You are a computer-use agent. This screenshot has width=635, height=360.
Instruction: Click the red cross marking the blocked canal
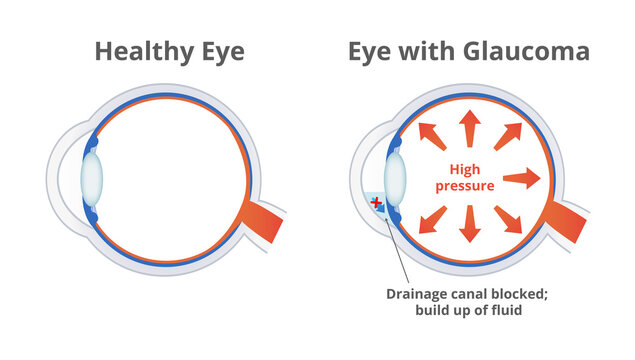pos(377,203)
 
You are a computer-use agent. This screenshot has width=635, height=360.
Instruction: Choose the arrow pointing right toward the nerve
pos(521,179)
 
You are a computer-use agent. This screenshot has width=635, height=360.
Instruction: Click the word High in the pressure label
pos(465,169)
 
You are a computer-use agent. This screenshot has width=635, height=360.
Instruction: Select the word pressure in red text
pos(465,186)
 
